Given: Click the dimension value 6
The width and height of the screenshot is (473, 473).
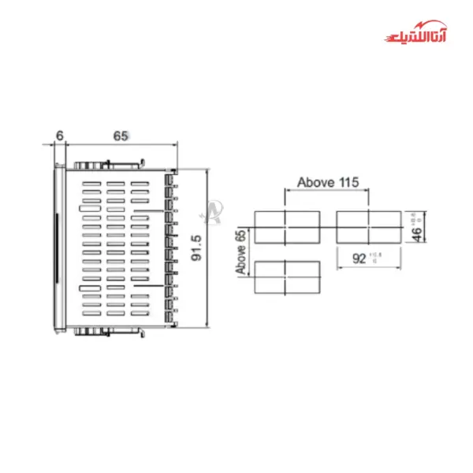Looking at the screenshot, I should point(59,136).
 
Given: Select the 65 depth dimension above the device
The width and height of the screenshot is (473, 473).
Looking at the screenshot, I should point(121,136).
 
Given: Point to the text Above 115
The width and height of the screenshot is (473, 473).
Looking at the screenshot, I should point(328,182).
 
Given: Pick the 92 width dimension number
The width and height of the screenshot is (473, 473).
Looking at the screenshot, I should point(359,258).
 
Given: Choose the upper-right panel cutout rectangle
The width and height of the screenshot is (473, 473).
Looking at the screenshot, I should point(369,226).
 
